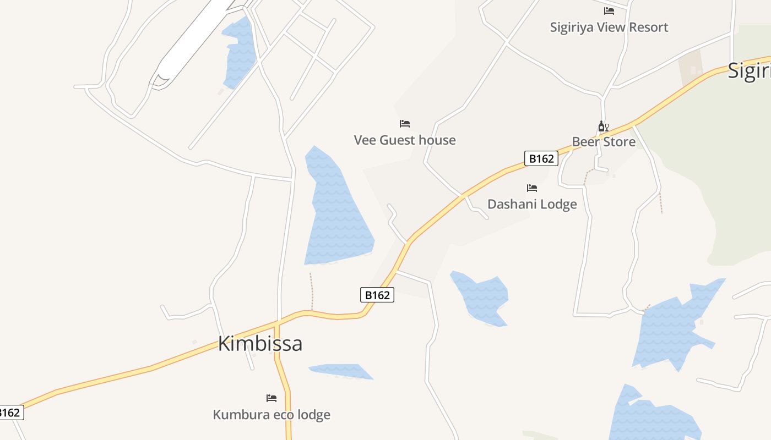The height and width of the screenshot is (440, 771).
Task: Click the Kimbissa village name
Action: pos(260,344)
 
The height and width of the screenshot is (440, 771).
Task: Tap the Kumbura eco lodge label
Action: pos(272,414)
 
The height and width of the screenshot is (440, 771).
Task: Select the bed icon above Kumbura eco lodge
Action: pos(272,398)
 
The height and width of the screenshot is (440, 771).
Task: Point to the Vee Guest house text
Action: pos(405,140)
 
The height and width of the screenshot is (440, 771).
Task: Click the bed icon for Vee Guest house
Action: pos(405,123)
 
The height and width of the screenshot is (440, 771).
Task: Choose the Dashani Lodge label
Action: pos(532,204)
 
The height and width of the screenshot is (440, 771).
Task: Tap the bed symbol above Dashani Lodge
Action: pos(532,188)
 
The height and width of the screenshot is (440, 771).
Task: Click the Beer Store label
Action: pos(604,142)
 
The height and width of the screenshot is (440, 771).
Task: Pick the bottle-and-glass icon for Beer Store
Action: pos(603,127)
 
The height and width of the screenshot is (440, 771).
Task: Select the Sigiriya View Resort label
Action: pos(609,27)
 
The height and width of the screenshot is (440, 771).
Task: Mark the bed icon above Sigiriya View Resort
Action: pos(609,10)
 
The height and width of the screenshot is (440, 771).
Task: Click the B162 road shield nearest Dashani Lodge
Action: pos(541,158)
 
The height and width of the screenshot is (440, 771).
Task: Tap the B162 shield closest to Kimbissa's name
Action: pos(377,295)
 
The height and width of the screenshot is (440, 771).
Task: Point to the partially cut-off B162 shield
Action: pos(11,413)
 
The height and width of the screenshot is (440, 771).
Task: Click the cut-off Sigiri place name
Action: pos(749,71)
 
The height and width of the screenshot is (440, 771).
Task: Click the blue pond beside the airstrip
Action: pos(240,52)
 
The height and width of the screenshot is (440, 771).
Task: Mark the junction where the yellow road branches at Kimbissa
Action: pos(277,322)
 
